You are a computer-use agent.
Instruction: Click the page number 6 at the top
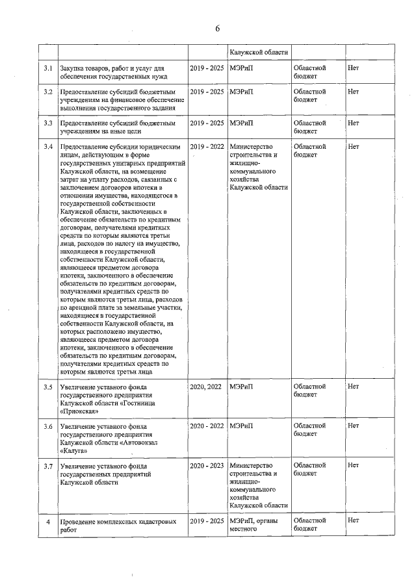[218, 27]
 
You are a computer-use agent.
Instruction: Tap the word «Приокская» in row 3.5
[79, 411]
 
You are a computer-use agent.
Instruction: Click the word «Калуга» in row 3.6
[74, 452]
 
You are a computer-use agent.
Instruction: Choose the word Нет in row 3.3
[354, 122]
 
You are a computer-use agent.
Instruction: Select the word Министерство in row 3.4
[251, 146]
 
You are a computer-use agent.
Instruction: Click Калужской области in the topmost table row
[258, 52]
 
